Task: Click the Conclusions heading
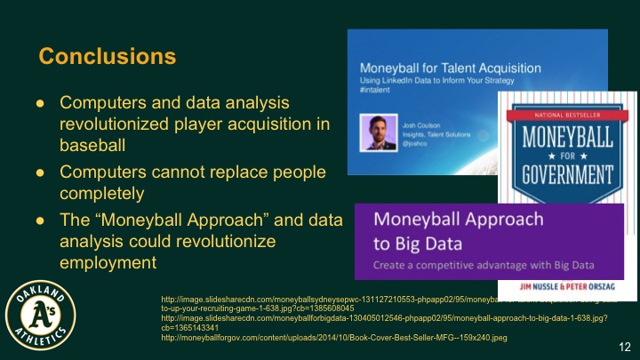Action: click(108, 57)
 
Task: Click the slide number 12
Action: click(624, 344)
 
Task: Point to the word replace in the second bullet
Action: click(236, 171)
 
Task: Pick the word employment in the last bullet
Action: click(108, 263)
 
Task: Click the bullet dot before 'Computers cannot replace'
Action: click(39, 172)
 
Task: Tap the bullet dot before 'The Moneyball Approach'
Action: click(39, 222)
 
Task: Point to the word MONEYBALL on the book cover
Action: click(564, 140)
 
